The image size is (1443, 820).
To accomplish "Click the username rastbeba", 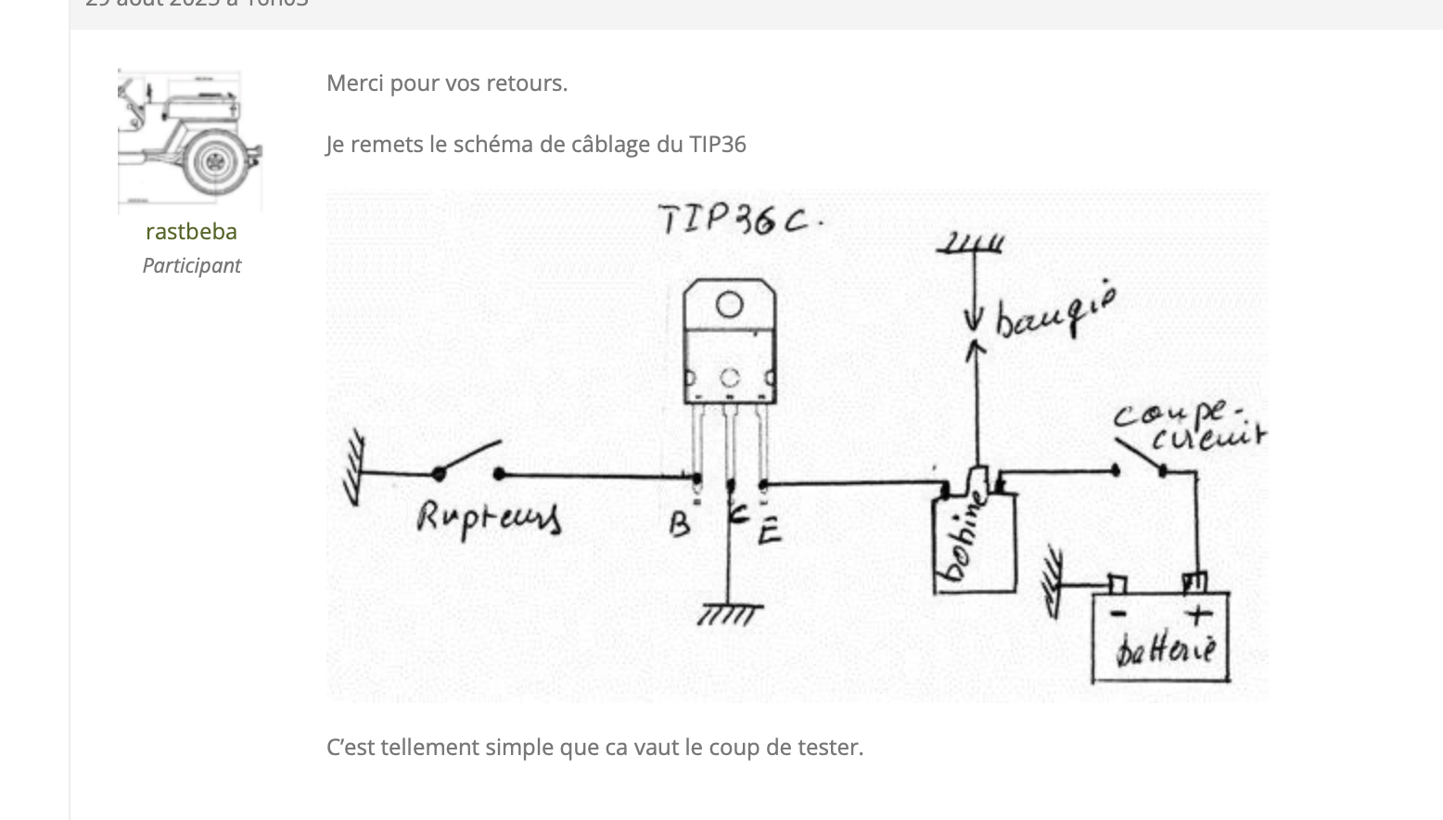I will point(191,231).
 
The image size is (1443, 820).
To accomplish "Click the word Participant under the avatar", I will point(191,265).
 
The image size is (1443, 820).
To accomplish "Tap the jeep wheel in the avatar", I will point(214,161).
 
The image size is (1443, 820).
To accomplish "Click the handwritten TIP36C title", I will point(739,220).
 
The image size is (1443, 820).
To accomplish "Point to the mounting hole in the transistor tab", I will point(729,304).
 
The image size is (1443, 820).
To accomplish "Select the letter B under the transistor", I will point(680,526).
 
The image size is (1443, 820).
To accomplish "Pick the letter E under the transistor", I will point(769,532).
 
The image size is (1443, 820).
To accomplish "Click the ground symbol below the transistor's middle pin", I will point(730,614).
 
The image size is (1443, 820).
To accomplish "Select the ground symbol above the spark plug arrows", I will point(971,244).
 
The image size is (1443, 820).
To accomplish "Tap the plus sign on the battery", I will point(1198,614).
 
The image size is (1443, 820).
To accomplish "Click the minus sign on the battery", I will point(1118,614).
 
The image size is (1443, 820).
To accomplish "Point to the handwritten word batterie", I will point(1165,649).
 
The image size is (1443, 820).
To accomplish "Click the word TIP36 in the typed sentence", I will point(717,145).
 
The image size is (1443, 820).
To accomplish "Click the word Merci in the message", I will point(355,83).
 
